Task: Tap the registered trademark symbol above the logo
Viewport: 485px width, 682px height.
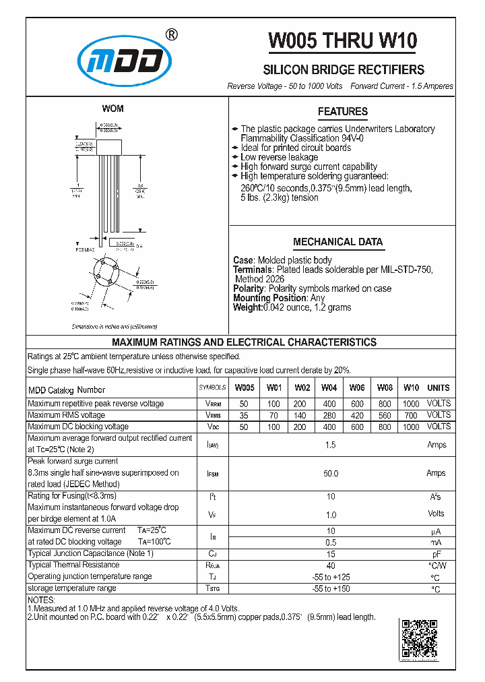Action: click(x=172, y=35)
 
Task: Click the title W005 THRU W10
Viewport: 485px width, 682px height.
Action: click(x=343, y=41)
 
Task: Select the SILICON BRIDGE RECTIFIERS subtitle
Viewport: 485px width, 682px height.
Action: click(x=343, y=70)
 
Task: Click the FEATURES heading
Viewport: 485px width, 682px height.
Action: click(x=342, y=112)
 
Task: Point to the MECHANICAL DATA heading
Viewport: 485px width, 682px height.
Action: click(x=337, y=242)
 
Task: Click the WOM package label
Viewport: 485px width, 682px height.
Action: click(x=112, y=108)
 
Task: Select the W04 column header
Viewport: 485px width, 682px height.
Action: click(x=329, y=388)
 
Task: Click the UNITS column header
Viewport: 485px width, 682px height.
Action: click(x=438, y=388)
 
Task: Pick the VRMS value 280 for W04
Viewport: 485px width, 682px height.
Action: click(x=329, y=415)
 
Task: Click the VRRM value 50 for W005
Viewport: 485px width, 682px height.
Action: click(x=244, y=404)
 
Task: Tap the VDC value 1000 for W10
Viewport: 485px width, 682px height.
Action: click(x=411, y=427)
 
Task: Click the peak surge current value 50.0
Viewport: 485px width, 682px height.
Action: click(x=330, y=474)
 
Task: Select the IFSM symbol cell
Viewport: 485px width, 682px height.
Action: click(x=212, y=474)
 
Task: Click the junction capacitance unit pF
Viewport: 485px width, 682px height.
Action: click(x=437, y=554)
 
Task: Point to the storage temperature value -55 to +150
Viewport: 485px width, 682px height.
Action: click(x=330, y=589)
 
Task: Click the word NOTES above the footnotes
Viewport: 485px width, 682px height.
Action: click(x=42, y=600)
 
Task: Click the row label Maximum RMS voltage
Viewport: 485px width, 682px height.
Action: click(x=66, y=415)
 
